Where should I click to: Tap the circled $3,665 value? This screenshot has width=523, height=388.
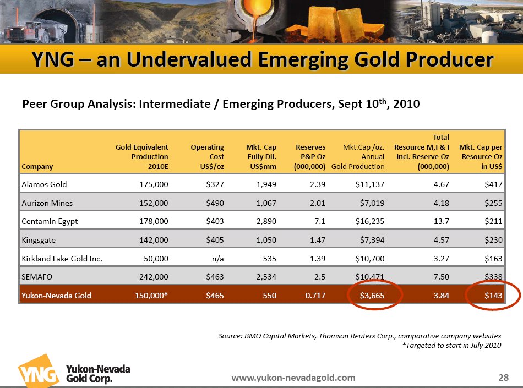(x=372, y=296)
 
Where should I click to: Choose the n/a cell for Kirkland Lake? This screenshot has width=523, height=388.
(x=217, y=258)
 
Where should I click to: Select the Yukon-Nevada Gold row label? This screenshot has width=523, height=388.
(x=56, y=296)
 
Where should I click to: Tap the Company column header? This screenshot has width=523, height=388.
(x=37, y=166)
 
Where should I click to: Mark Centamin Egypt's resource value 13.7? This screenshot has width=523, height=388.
(x=440, y=221)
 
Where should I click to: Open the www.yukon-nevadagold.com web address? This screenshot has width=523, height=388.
(x=293, y=378)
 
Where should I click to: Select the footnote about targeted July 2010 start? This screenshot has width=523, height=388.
(x=451, y=346)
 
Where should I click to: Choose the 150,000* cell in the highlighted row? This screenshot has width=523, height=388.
(x=151, y=296)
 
